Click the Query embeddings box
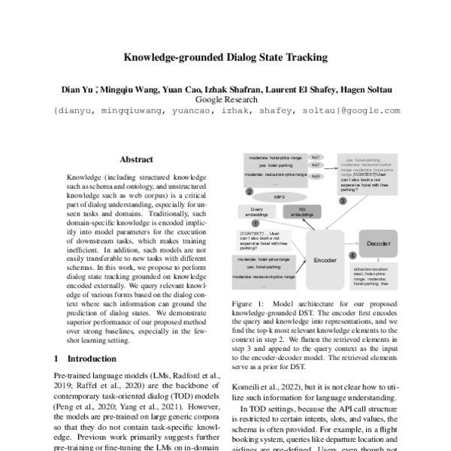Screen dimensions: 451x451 click(x=258, y=211)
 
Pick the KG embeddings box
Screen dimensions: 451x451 click(x=302, y=211)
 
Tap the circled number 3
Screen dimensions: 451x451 click(x=343, y=201)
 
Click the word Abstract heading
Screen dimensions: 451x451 click(x=136, y=159)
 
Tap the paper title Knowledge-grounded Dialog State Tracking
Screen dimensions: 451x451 click(x=225, y=57)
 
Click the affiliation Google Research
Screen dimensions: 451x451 click(x=225, y=98)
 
